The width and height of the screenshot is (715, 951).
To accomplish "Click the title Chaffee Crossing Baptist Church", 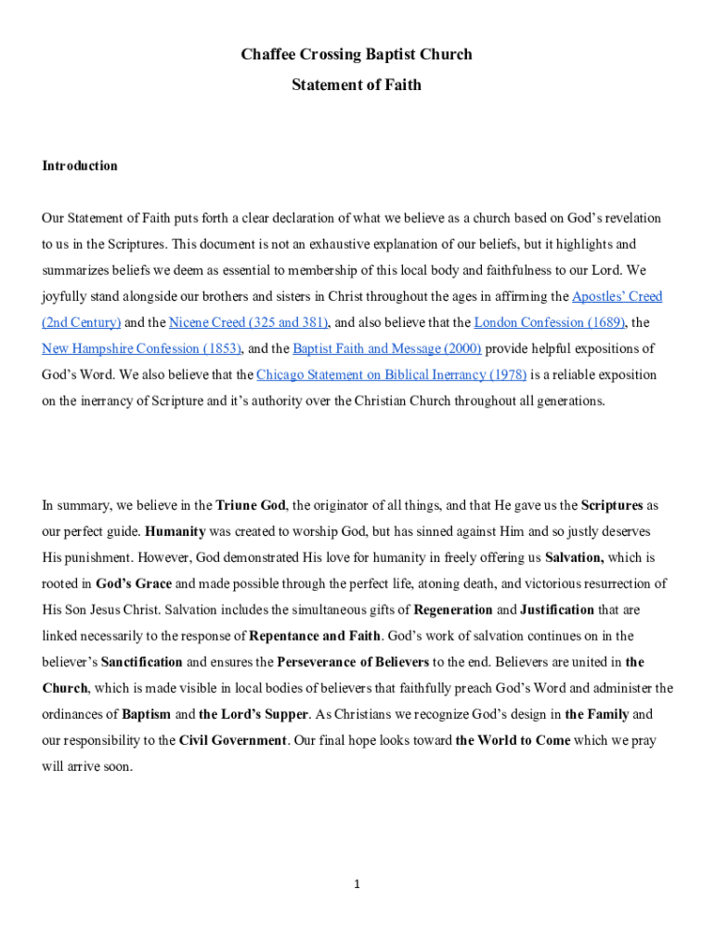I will click(x=357, y=54).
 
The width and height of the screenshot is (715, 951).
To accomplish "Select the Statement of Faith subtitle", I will click(x=357, y=85).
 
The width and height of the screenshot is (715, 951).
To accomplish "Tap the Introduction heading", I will click(x=80, y=165).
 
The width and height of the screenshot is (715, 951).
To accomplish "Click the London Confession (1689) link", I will click(x=549, y=323).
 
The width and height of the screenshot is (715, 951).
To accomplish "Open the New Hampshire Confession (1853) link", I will click(x=141, y=349).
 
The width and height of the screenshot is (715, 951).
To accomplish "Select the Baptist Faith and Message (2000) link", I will click(x=386, y=349).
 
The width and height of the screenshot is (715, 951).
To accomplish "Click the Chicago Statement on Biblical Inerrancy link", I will click(x=391, y=375).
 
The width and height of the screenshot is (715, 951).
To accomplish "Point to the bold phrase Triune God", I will click(x=250, y=506).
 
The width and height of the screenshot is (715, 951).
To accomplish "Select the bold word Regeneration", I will click(x=453, y=610).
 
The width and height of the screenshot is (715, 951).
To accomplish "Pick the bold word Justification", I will click(x=557, y=610).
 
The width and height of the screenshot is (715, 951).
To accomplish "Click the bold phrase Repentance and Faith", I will click(x=315, y=636).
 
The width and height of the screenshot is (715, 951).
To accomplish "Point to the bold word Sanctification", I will click(x=141, y=662).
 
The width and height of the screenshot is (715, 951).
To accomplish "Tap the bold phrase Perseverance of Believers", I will click(x=353, y=662).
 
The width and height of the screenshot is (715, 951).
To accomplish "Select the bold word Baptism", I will click(x=147, y=715).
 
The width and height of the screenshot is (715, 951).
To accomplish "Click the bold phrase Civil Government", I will click(x=233, y=741).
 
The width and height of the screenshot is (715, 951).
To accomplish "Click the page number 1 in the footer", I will click(x=357, y=884).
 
